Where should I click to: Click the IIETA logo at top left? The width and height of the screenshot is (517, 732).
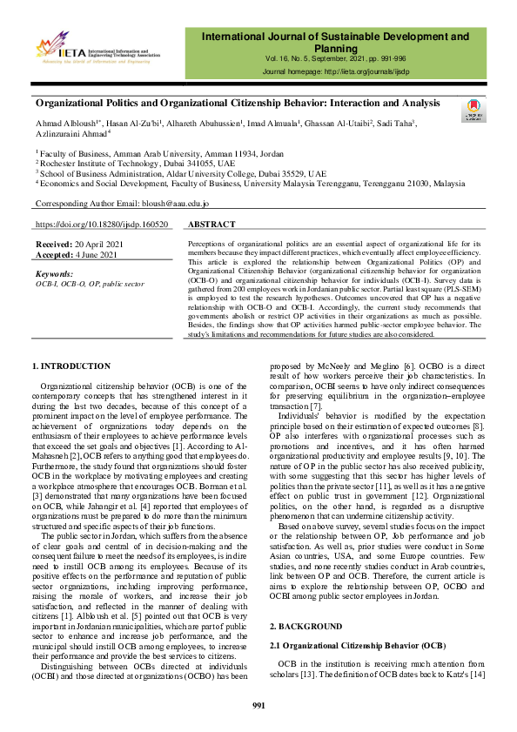point(97,48)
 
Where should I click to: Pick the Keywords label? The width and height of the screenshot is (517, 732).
point(53,274)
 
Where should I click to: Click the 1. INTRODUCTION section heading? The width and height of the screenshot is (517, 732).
point(70,366)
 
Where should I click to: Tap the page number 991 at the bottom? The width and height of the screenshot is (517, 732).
point(258,705)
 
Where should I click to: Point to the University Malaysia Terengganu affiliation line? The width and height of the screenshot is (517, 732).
point(252,185)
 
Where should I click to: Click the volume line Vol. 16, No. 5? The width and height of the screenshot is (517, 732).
point(335,57)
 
